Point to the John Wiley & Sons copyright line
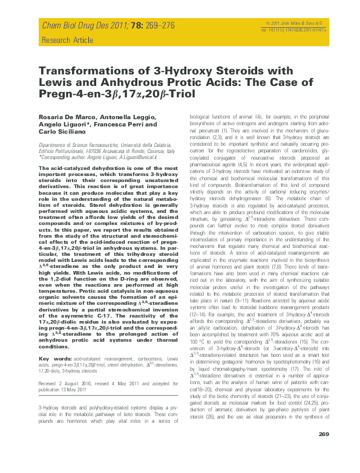[x=321, y=22]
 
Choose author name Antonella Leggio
[x=120, y=116]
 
